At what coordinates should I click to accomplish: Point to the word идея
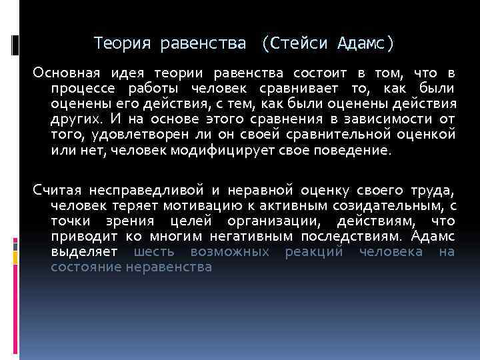(x=127, y=72)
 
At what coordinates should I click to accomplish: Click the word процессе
(x=78, y=88)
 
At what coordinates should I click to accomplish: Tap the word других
(x=75, y=119)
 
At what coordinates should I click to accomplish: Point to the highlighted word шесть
(x=156, y=252)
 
